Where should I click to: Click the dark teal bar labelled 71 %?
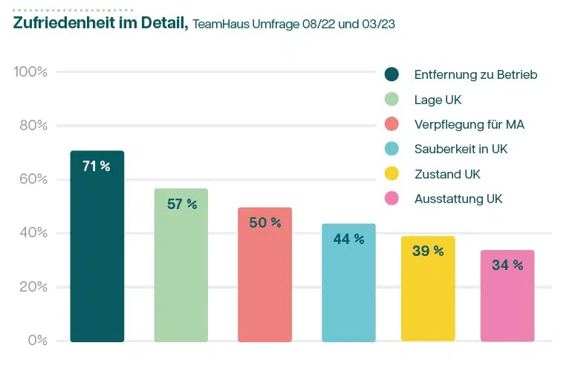pyautogui.click(x=97, y=245)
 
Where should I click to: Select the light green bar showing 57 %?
pyautogui.click(x=181, y=265)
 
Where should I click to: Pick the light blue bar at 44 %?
pyautogui.click(x=349, y=282)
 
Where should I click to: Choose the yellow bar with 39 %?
pyautogui.click(x=428, y=289)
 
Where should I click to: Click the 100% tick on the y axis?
pyautogui.click(x=30, y=72)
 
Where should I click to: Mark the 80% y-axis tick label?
pyautogui.click(x=33, y=126)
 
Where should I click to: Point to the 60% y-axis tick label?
pyautogui.click(x=33, y=179)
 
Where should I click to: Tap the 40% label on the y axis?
pyautogui.click(x=33, y=233)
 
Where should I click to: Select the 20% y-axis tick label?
pyautogui.click(x=33, y=287)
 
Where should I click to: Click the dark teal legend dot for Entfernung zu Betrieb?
pyautogui.click(x=392, y=74)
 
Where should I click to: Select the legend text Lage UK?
pyautogui.click(x=438, y=100)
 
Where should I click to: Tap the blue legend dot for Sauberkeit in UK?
pyautogui.click(x=392, y=149)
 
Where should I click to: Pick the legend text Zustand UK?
pyautogui.click(x=447, y=174)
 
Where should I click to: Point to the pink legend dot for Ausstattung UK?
pyautogui.click(x=392, y=199)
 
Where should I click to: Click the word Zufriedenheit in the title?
pyautogui.click(x=62, y=23)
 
